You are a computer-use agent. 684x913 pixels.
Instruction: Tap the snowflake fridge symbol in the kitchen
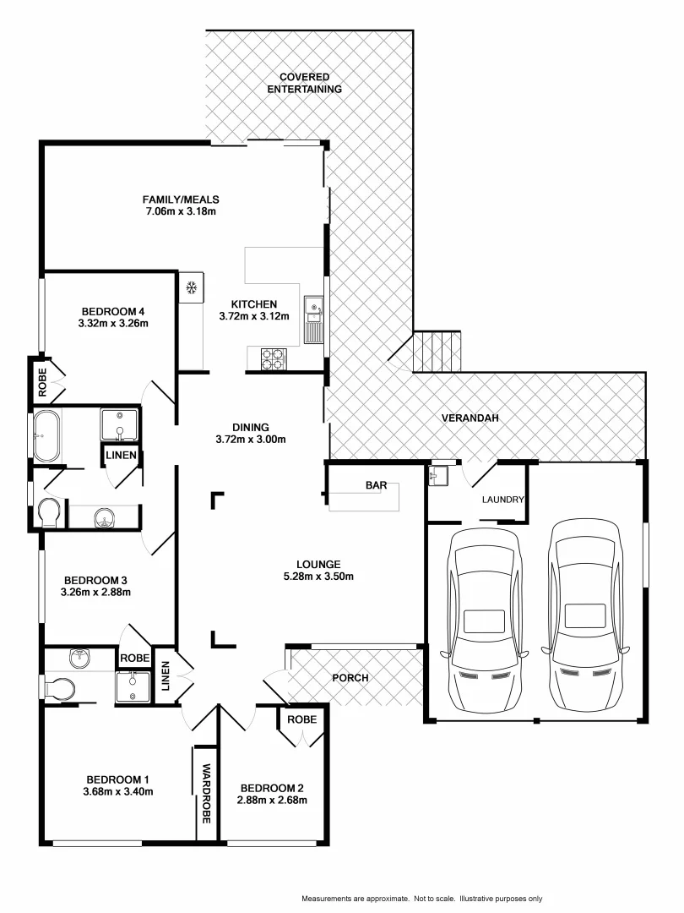(x=192, y=288)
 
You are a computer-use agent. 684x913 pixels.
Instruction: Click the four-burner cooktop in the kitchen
(x=274, y=359)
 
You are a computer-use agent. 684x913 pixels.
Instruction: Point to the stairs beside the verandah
(x=437, y=351)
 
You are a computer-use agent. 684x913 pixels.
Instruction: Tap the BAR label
(x=376, y=485)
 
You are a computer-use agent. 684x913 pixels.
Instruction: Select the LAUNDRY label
(x=502, y=500)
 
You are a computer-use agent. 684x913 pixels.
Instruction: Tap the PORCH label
(x=350, y=678)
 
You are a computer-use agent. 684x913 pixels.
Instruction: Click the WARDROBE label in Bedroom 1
(x=206, y=794)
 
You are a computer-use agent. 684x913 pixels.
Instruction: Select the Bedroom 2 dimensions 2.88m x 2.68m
(x=272, y=800)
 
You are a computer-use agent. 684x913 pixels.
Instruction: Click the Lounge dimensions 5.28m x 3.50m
(x=318, y=577)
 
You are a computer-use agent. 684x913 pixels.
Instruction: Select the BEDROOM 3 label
(x=95, y=580)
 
